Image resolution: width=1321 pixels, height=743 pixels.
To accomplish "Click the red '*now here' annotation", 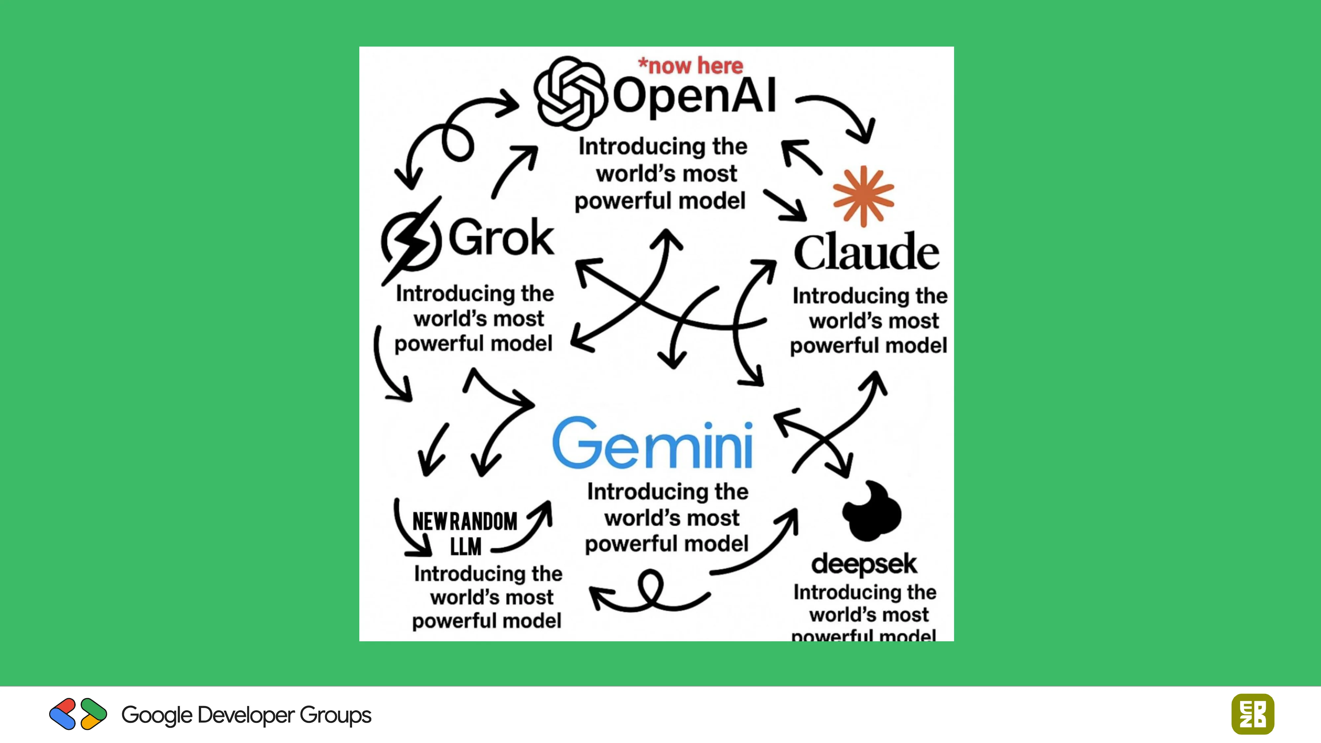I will pos(690,66).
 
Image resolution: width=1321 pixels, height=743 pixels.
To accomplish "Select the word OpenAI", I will pos(694,96).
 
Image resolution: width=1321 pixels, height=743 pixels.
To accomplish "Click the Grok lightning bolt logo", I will pos(411,241).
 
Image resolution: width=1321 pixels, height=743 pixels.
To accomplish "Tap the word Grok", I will pos(501,237).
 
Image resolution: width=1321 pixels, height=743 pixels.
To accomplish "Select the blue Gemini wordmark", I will pos(652,443).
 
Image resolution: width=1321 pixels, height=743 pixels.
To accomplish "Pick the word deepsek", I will pos(864,564).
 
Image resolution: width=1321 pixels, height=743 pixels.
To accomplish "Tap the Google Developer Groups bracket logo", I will pos(78,714).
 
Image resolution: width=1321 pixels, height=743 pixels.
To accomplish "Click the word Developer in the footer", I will pos(246,715).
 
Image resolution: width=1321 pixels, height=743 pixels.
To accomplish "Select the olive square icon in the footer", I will pos(1252,714).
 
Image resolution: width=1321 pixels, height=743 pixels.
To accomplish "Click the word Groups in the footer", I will pos(336,715).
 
